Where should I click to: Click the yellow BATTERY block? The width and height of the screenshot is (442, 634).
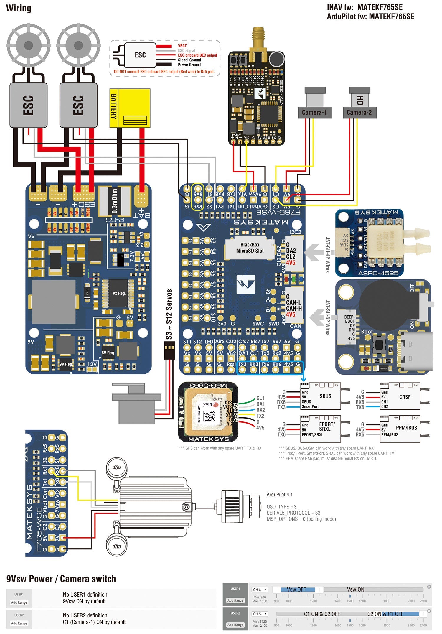tap(130, 108)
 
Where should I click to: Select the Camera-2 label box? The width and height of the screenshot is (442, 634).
tap(359, 113)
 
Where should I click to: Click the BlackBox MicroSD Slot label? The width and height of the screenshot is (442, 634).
tap(250, 248)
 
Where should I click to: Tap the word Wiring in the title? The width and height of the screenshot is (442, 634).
tap(19, 8)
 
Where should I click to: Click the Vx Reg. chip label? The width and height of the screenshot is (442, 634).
tap(119, 293)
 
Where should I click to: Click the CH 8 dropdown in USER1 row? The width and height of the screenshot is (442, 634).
tap(260, 589)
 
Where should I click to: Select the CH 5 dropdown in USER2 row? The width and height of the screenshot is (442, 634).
tap(260, 614)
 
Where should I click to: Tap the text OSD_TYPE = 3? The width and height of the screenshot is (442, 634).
tap(281, 507)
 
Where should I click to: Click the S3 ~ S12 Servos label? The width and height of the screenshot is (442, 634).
tap(169, 314)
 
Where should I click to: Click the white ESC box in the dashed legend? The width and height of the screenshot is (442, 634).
tap(140, 55)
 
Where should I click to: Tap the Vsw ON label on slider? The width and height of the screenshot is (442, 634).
tap(355, 589)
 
